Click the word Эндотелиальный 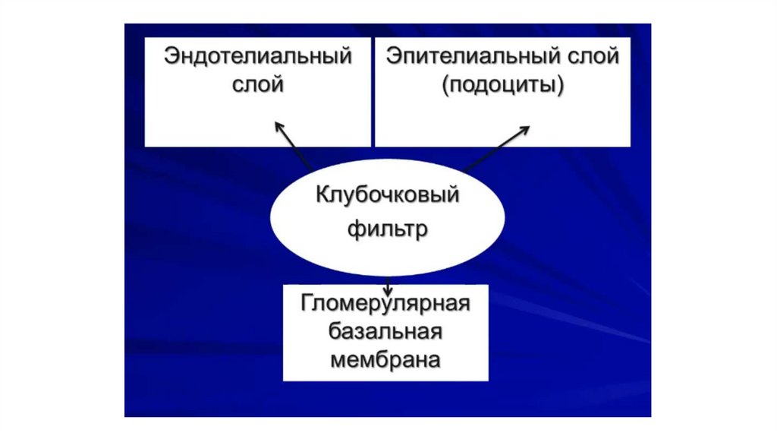click(x=258, y=57)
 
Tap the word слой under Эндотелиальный click(x=258, y=84)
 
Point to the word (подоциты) click(x=503, y=84)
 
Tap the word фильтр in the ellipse click(x=388, y=227)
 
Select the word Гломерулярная click(x=385, y=304)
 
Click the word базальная click(x=385, y=331)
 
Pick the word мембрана click(x=385, y=359)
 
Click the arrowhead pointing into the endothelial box click(x=278, y=125)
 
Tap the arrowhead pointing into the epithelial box click(x=526, y=130)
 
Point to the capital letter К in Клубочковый click(x=322, y=195)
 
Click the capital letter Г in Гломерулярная click(x=307, y=304)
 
